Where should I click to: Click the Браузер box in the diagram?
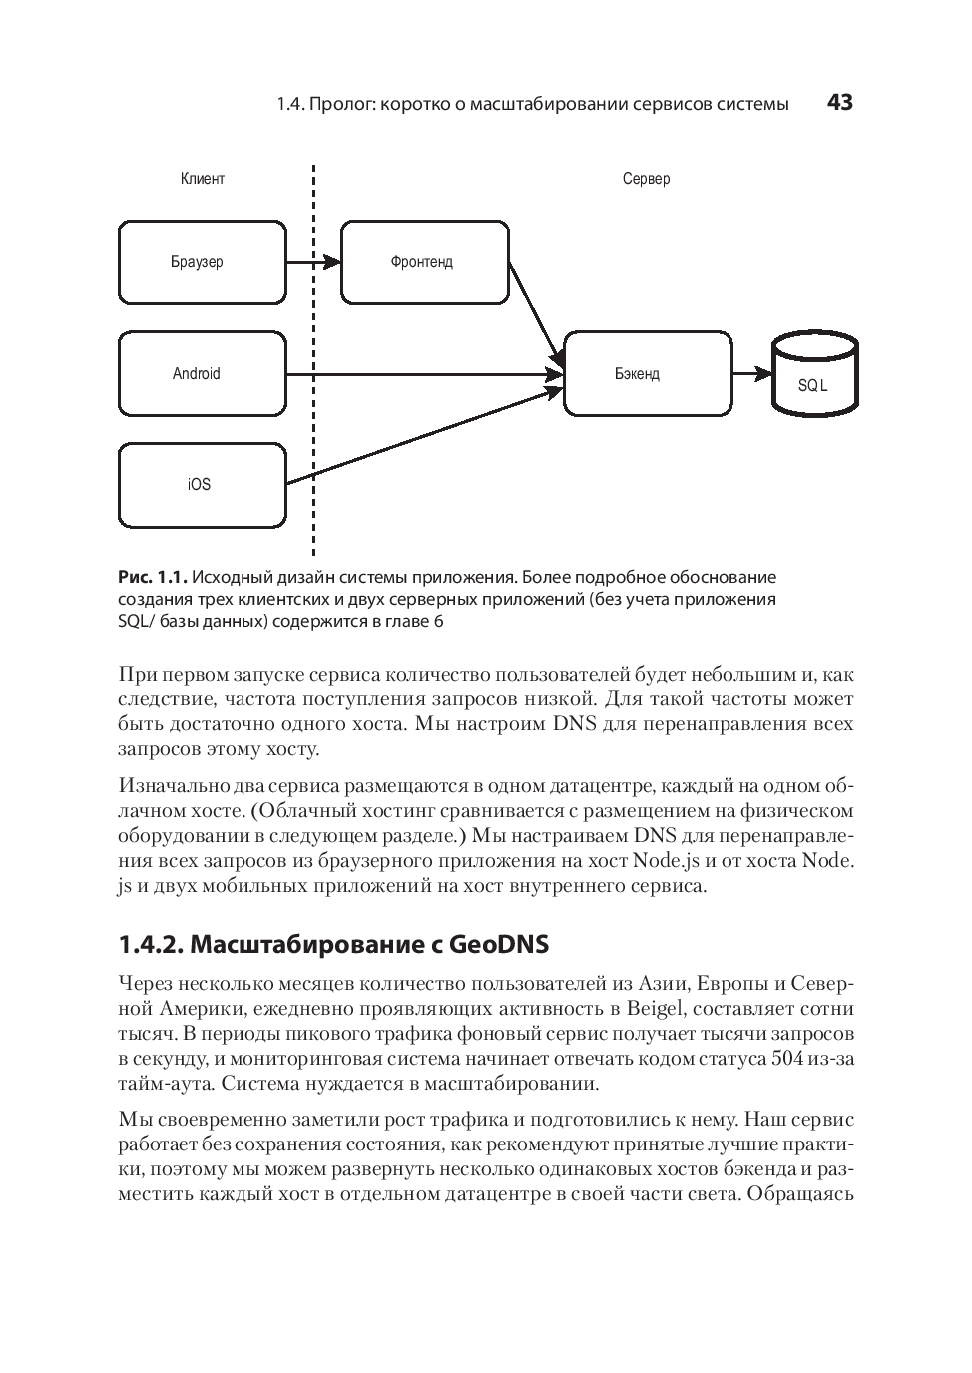tap(203, 262)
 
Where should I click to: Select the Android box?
tap(203, 374)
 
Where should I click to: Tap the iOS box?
tap(203, 485)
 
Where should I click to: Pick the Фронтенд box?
tap(424, 262)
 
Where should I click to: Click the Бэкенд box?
tap(647, 374)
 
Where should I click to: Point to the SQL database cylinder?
tap(814, 376)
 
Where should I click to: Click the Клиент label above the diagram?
tap(203, 179)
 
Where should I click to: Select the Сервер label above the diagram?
tap(646, 179)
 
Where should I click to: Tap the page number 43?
tap(840, 103)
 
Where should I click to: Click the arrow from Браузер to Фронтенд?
tap(313, 263)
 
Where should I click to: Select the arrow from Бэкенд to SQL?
tap(751, 374)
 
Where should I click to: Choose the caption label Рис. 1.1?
tap(153, 577)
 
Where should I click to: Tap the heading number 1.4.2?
tap(150, 944)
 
